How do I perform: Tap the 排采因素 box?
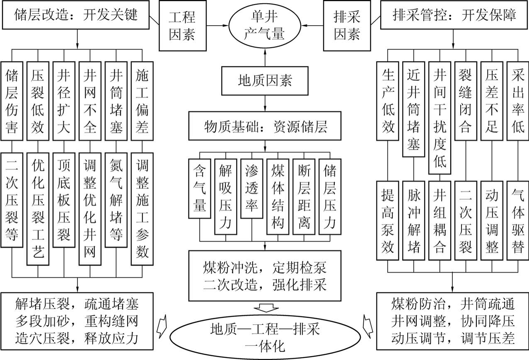(347, 26)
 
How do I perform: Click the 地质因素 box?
(265, 80)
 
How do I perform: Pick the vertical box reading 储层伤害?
(12, 101)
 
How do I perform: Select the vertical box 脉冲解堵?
(413, 220)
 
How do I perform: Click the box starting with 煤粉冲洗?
(265, 275)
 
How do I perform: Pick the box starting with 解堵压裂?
(77, 322)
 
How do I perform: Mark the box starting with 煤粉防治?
(453, 322)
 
